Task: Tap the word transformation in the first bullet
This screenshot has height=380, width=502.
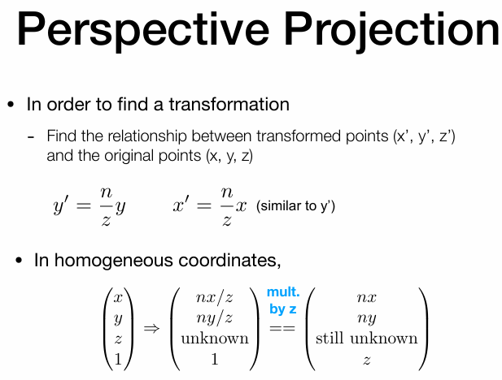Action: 229,104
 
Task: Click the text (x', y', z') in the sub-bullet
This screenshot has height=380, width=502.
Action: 424,136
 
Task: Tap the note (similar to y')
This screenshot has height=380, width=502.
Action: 295,205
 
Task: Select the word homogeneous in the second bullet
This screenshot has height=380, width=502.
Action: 114,260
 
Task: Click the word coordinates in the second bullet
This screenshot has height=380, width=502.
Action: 229,260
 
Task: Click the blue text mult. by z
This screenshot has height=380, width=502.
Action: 283,300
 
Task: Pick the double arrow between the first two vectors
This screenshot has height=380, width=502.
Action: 151,328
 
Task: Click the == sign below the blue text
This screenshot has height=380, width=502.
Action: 282,328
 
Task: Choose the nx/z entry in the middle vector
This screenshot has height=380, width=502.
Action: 214,297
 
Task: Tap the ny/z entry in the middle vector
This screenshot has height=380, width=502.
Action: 214,318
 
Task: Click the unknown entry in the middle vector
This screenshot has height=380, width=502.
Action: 215,339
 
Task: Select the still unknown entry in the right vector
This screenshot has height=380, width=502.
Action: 367,339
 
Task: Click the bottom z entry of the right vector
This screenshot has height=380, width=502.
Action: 367,361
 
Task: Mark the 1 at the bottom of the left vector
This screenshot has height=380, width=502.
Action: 118,359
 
